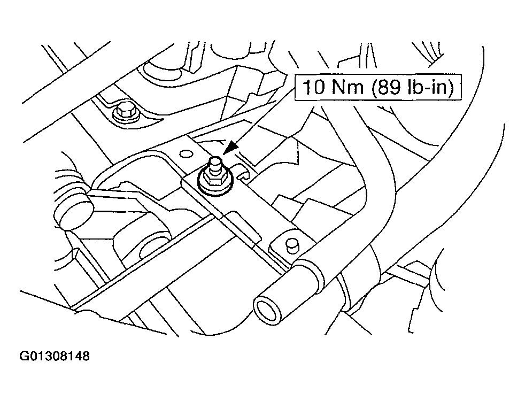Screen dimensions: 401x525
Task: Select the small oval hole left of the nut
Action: [186, 154]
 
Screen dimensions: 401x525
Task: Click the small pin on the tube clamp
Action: [292, 245]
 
